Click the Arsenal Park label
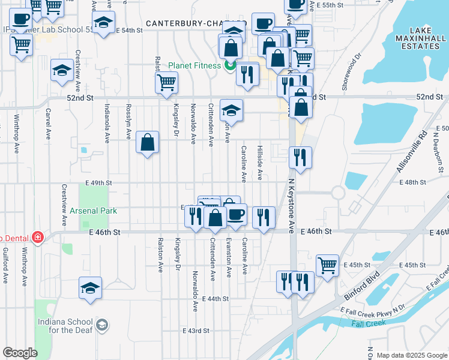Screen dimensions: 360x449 click(93, 211)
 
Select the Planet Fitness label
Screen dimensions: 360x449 click(196, 66)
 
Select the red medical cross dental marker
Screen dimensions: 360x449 click(38, 237)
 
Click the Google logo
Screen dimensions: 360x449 click(20, 353)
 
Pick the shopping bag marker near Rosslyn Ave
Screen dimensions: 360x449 click(148, 142)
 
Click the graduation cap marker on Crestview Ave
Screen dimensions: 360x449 click(62, 71)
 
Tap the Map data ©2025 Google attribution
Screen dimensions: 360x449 click(411, 355)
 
